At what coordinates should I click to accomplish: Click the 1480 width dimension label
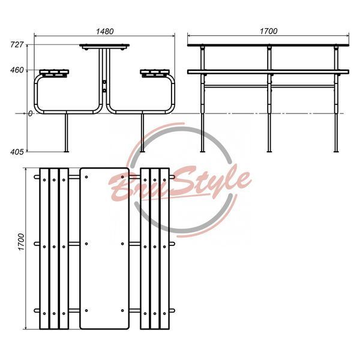(104, 31)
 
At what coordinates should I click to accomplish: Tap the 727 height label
(17, 44)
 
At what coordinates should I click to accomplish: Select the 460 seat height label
(17, 70)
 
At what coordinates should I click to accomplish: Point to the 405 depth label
(17, 152)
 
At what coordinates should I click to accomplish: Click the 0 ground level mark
(31, 113)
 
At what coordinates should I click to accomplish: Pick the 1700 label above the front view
(268, 31)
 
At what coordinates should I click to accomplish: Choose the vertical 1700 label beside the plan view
(21, 242)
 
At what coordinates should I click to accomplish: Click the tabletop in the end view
(104, 46)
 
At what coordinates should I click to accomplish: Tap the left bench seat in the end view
(54, 72)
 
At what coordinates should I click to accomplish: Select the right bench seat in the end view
(155, 72)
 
